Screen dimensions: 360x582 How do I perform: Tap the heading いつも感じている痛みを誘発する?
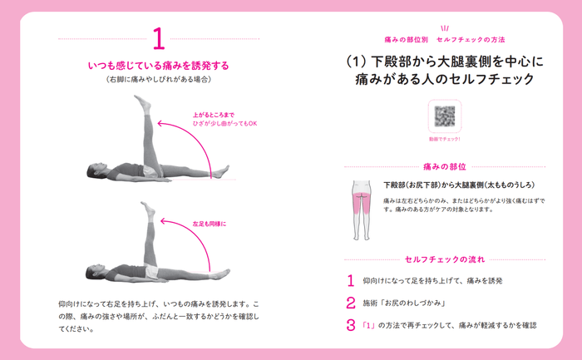pos(158,65)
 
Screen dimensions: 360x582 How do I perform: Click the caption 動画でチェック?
pos(444,139)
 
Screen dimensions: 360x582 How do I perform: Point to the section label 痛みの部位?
pos(444,166)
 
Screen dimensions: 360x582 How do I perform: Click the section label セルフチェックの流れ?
pos(444,259)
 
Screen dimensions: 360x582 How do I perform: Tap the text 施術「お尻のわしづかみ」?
pos(405,303)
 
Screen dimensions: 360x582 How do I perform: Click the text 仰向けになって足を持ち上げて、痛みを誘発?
pos(432,281)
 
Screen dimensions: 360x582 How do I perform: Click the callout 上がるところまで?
pos(214,116)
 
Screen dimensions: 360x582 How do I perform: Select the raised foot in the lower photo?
pos(148,210)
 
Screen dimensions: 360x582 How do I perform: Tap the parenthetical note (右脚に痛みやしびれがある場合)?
pos(158,80)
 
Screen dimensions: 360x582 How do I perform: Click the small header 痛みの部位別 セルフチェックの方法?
pos(444,39)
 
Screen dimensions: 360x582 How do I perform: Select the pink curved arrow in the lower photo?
pos(195,237)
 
